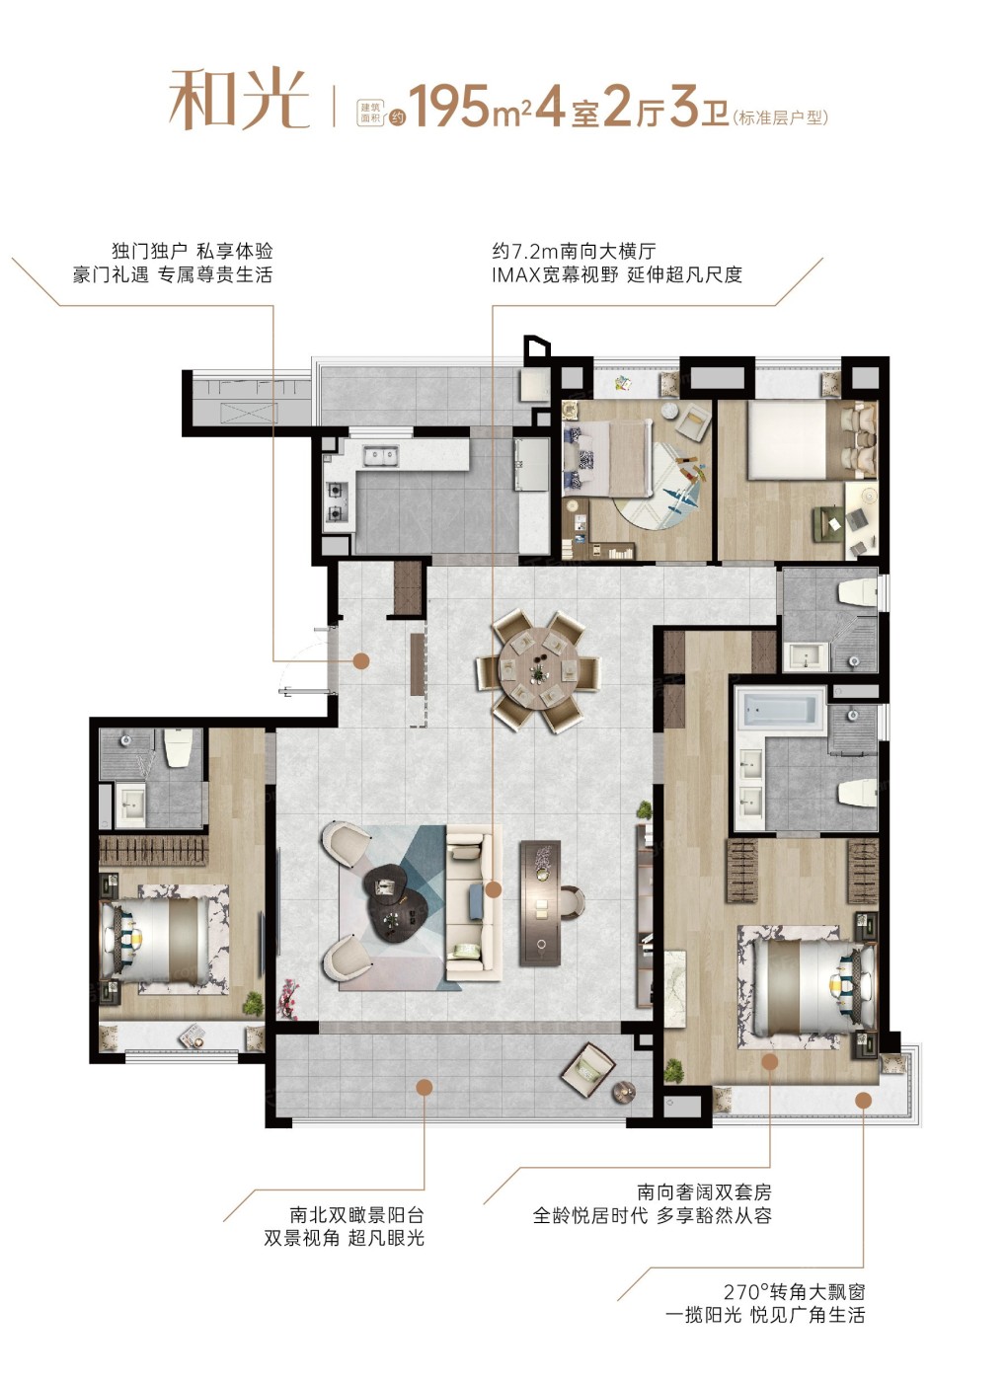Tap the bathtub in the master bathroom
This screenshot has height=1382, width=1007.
point(781,710)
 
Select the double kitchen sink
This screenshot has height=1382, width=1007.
point(381,456)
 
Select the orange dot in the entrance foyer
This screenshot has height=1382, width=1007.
point(361,661)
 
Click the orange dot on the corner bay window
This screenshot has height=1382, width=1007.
point(863,1100)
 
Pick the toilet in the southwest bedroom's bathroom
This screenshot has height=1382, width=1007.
point(178,748)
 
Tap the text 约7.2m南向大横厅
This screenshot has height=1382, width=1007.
point(574,251)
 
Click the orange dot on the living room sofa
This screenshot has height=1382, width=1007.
point(493,889)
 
